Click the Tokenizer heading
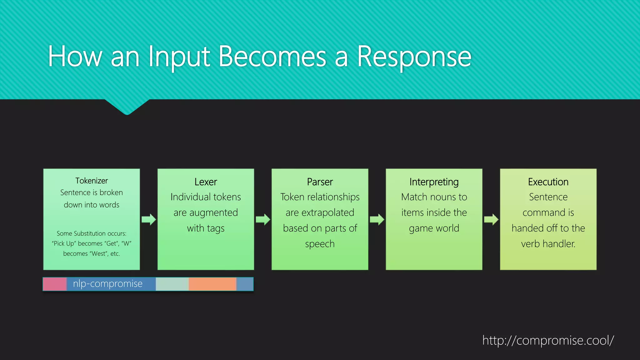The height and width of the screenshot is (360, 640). point(92,181)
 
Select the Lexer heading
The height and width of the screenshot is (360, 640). point(206,182)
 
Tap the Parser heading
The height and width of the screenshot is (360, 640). point(320,182)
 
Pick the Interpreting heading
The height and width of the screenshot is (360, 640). point(434,182)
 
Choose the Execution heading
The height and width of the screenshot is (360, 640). point(548,182)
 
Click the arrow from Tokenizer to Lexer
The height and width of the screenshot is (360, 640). point(149,219)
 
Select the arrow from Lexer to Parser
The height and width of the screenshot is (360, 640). point(263,219)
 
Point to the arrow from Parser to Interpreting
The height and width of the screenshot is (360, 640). point(377,219)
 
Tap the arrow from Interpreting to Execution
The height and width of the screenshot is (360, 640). point(491,219)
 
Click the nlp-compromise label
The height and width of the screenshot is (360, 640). point(108,284)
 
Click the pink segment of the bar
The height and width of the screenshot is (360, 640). point(55,284)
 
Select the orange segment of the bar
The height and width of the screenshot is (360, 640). point(212,284)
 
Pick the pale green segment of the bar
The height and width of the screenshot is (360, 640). point(172,284)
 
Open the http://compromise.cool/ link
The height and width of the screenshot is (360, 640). point(548,340)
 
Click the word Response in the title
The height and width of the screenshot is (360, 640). point(414,57)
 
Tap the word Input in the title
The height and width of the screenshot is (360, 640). point(179,57)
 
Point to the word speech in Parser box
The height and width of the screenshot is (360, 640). point(320,244)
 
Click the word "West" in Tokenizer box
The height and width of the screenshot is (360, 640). point(98,254)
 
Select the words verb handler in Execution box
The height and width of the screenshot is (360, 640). point(548,244)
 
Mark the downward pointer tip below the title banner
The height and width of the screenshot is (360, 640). point(127,113)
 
